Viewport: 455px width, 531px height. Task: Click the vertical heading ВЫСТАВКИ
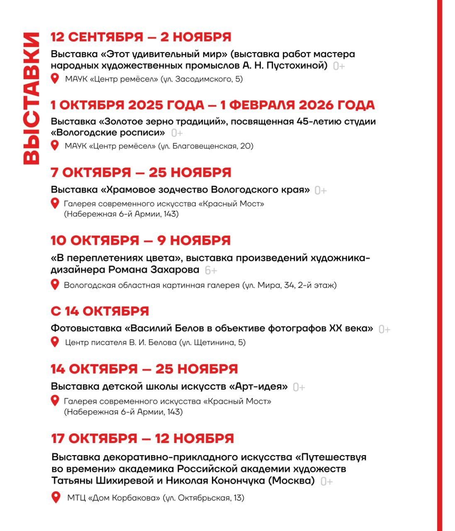tap(31, 98)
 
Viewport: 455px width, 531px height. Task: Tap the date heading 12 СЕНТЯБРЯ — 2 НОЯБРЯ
tap(141, 37)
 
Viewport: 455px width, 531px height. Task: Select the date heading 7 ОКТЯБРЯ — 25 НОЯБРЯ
tap(141, 172)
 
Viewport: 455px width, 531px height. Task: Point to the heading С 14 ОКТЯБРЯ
tap(100, 311)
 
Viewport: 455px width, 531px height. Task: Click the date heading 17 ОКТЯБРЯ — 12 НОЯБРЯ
tap(143, 438)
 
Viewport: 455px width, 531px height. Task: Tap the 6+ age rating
tap(211, 270)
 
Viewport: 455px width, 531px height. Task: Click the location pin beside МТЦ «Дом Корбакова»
tap(56, 497)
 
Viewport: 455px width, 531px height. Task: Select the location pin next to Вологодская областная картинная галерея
tap(55, 285)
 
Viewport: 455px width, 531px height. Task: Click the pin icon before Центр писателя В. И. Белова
tap(55, 342)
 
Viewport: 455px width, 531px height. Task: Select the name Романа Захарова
tap(154, 270)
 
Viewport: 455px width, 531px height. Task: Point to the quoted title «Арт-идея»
tap(258, 387)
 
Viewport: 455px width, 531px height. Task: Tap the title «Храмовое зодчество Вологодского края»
tap(205, 190)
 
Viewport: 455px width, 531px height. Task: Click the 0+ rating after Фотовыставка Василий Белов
tap(384, 329)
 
